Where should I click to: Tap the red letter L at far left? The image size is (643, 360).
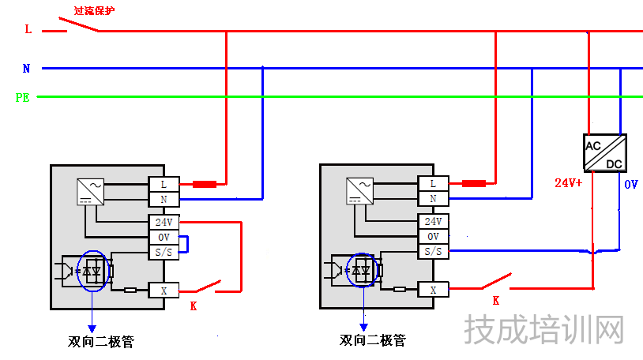point(28,30)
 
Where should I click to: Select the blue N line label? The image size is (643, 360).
point(26,69)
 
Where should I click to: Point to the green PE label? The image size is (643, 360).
point(23,98)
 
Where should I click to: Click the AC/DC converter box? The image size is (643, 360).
point(606,152)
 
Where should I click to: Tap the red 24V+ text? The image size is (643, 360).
point(568,182)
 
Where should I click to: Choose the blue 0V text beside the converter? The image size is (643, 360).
point(630,184)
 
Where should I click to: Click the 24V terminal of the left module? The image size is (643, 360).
point(164,222)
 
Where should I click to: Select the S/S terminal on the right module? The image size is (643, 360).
point(433,251)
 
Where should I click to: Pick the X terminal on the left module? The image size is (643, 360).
point(164,291)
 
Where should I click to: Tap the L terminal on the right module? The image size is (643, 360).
point(433,184)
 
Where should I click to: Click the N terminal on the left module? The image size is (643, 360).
point(164,199)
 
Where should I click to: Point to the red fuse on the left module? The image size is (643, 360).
point(205,185)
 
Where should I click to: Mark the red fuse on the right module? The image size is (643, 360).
point(474,184)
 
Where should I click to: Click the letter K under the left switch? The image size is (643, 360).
point(193,306)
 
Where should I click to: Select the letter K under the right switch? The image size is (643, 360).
point(496,301)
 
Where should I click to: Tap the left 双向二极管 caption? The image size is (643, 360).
point(101,343)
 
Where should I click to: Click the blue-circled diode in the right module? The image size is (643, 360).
point(363,271)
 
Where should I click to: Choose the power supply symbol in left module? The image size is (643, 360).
point(89,191)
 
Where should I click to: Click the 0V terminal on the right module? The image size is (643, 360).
point(433,237)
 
